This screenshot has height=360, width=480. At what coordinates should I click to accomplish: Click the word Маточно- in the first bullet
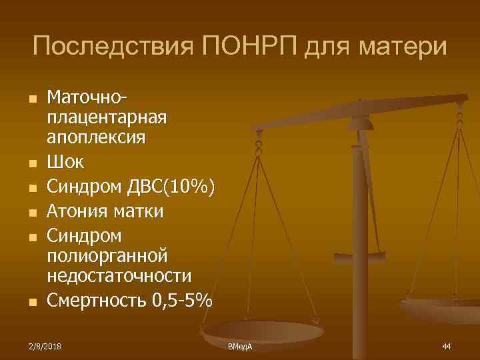[x=86, y=98]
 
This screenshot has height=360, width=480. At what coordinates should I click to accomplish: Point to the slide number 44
[x=447, y=347]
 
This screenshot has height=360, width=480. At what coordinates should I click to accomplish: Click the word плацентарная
[x=106, y=118]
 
